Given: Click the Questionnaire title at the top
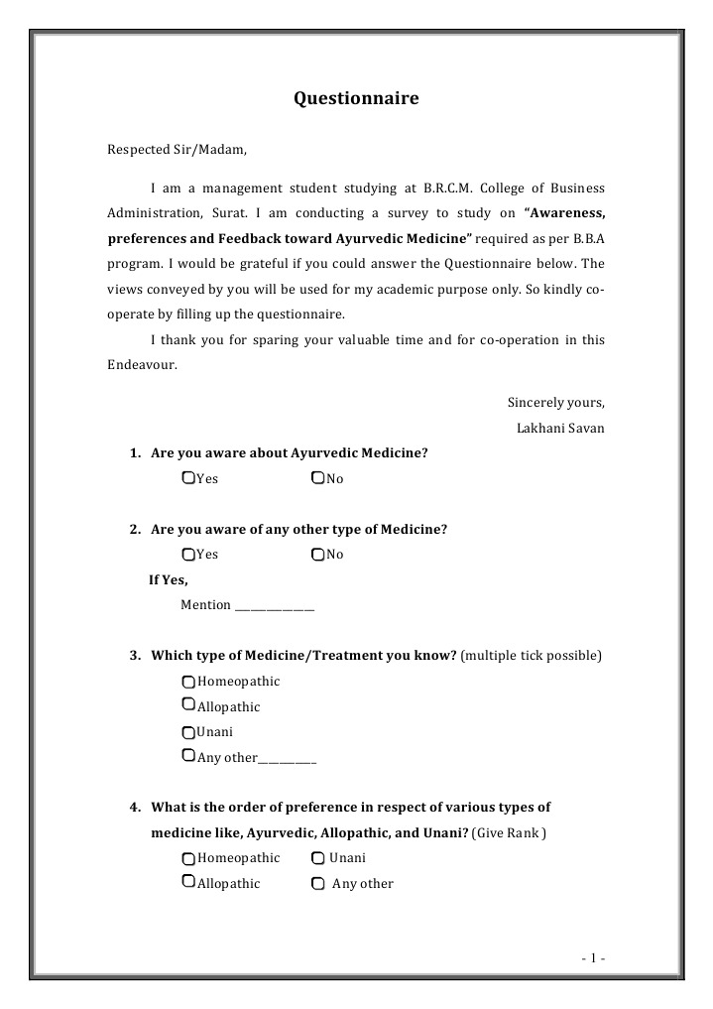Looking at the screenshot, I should click(x=356, y=98).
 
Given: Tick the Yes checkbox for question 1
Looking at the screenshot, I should click(x=188, y=478).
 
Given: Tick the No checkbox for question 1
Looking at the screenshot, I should click(x=317, y=478).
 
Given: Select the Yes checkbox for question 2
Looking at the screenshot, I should click(x=188, y=555).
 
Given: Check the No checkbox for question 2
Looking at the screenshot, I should click(x=317, y=555).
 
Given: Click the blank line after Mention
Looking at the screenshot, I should click(x=275, y=606).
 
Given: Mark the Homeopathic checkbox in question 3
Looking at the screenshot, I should click(x=188, y=683).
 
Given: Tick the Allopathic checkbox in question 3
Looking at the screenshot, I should click(x=188, y=705).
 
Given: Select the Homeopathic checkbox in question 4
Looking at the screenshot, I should click(x=188, y=858).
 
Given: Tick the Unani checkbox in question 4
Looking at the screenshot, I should click(x=317, y=858).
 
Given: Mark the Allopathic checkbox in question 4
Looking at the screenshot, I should click(x=188, y=882).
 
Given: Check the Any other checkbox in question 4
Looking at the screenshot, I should click(x=317, y=884).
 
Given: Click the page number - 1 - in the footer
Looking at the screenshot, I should click(x=592, y=958).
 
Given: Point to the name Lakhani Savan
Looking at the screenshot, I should click(x=560, y=429).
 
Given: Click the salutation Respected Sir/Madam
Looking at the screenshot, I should click(x=176, y=150).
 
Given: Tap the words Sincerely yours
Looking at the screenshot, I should click(x=555, y=403).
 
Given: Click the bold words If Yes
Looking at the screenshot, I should click(x=169, y=580).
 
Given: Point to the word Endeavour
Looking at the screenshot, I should click(x=142, y=365).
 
